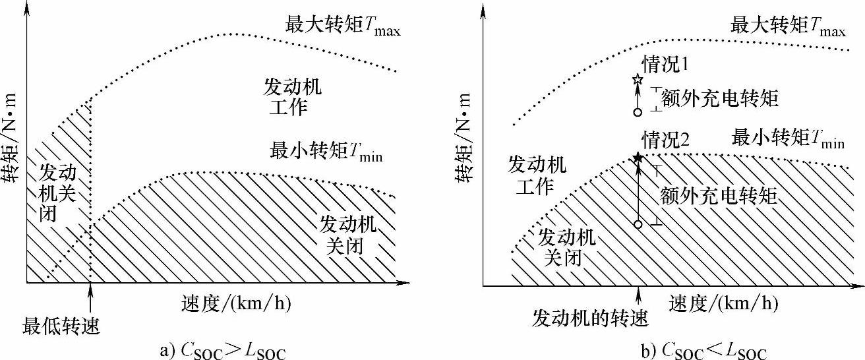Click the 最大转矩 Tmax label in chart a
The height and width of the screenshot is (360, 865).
[x=342, y=25]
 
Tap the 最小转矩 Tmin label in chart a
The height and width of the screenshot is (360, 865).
[x=326, y=150]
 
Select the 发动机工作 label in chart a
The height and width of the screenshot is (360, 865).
[x=289, y=97]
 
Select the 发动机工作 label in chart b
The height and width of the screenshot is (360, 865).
[x=537, y=175]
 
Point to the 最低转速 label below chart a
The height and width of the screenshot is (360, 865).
[x=62, y=325]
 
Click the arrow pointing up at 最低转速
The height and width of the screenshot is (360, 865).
[x=90, y=300]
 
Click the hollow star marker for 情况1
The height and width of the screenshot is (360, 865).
[x=638, y=80]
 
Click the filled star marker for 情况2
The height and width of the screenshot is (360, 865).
[x=638, y=158]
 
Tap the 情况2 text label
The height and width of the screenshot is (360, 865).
[x=666, y=140]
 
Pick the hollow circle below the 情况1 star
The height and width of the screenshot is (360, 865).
[x=638, y=112]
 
